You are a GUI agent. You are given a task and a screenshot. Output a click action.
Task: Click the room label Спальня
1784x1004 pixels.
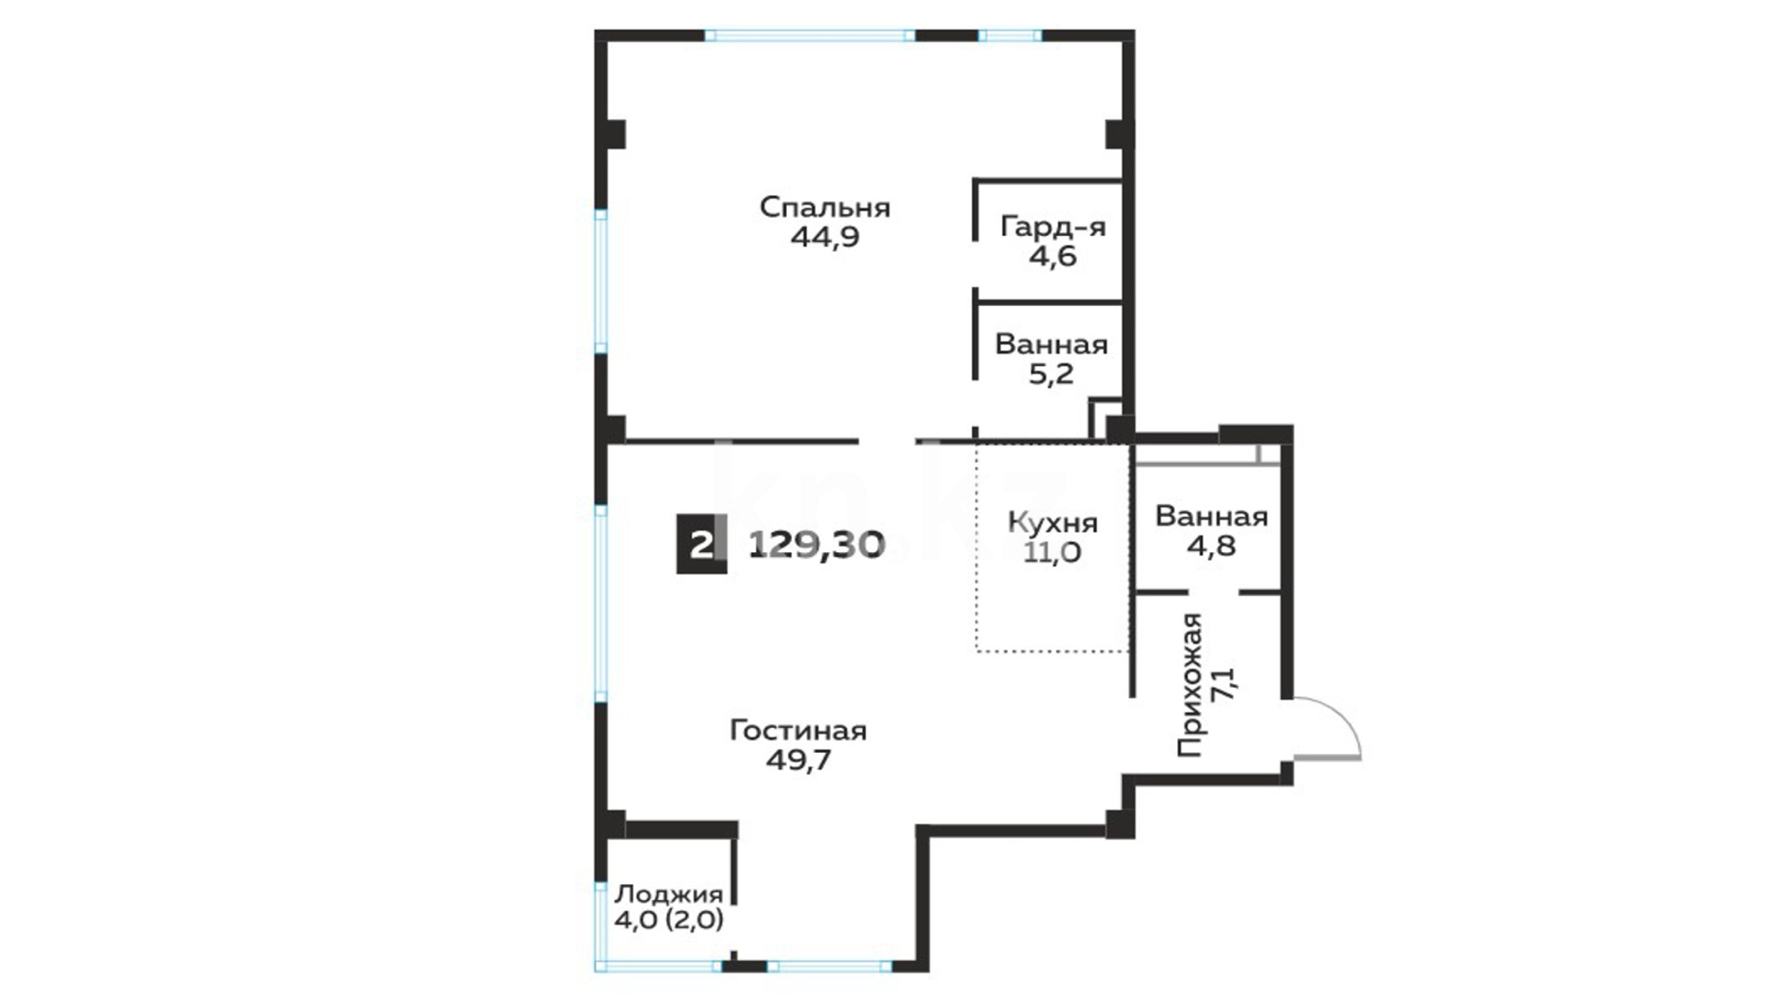(825, 207)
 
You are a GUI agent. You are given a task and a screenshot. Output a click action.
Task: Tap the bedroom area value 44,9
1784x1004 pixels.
(825, 237)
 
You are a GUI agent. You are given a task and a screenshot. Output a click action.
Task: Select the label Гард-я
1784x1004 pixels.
(1053, 227)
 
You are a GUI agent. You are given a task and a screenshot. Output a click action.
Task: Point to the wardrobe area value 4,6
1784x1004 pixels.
(1053, 256)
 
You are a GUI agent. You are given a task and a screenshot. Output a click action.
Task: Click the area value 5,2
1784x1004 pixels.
(1052, 374)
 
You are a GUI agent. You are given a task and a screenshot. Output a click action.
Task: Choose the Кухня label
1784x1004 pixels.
(1053, 522)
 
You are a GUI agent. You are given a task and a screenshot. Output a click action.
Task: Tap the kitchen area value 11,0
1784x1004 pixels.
(1053, 552)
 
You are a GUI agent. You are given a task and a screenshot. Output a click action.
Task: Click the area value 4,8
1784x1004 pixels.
(1212, 545)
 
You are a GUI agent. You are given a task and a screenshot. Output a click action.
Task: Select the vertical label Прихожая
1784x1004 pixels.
(1190, 685)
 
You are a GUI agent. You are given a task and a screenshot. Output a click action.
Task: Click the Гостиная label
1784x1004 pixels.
(798, 731)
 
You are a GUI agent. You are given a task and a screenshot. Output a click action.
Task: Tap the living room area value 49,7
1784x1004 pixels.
(798, 760)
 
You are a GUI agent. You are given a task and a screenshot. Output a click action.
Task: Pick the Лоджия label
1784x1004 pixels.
(669, 894)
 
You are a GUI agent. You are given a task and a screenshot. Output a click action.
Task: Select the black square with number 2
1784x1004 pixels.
(702, 544)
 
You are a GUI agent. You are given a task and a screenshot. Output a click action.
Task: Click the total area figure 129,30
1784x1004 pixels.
(817, 544)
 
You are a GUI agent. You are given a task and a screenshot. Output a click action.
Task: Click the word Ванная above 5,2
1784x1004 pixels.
(1052, 345)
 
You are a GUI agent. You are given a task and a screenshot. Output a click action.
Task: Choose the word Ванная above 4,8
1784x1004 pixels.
(1212, 516)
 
